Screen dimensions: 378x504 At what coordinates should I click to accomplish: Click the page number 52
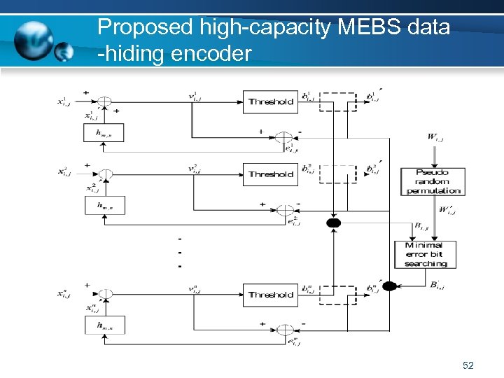pyautogui.click(x=468, y=365)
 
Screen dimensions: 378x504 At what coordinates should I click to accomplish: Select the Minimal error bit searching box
pyautogui.click(x=425, y=254)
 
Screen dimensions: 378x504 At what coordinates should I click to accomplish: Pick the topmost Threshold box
pyautogui.click(x=270, y=101)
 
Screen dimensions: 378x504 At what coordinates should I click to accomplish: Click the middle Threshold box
pyautogui.click(x=270, y=174)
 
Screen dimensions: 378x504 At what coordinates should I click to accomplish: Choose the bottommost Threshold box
pyautogui.click(x=270, y=295)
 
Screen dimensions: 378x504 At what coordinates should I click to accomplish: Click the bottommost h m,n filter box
pyautogui.click(x=103, y=324)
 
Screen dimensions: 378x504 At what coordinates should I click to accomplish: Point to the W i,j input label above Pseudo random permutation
pyautogui.click(x=435, y=138)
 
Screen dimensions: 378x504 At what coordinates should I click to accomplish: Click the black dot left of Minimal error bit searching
pyautogui.click(x=334, y=223)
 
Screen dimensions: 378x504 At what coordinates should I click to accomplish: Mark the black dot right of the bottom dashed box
pyautogui.click(x=390, y=285)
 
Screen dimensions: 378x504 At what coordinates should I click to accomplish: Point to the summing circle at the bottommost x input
pyautogui.click(x=104, y=294)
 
